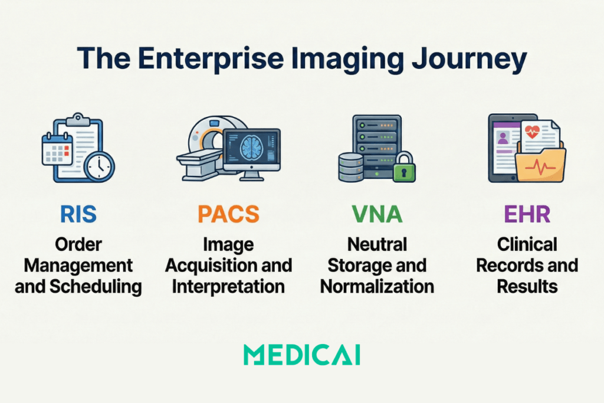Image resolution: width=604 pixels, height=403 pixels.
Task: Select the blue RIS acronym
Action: [x=78, y=214]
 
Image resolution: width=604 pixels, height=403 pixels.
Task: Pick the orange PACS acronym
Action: [x=228, y=214]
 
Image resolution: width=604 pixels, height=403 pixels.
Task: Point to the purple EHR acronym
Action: [x=526, y=214]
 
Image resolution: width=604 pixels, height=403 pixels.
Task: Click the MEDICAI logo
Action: [x=301, y=355]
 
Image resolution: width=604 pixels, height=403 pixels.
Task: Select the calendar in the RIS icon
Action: [x=57, y=149]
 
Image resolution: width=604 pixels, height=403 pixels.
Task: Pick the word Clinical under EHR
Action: [x=527, y=244]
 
